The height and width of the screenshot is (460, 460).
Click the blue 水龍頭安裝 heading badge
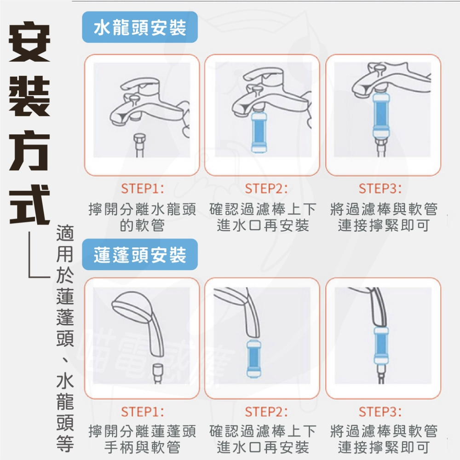140,27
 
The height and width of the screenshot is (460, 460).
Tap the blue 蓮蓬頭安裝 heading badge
140,254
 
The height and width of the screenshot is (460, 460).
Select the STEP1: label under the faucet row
143,188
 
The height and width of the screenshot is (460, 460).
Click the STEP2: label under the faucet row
266,188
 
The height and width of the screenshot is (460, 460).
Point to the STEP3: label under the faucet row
380,188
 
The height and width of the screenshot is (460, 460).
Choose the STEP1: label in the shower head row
143,412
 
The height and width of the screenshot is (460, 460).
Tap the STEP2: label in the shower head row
266,412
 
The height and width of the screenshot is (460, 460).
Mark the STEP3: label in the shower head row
380,412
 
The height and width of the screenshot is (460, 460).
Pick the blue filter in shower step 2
254,358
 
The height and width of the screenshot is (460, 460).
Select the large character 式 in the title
29,205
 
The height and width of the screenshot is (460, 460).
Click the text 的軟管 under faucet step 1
142,225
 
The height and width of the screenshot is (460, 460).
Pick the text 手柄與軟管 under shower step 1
142,447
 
